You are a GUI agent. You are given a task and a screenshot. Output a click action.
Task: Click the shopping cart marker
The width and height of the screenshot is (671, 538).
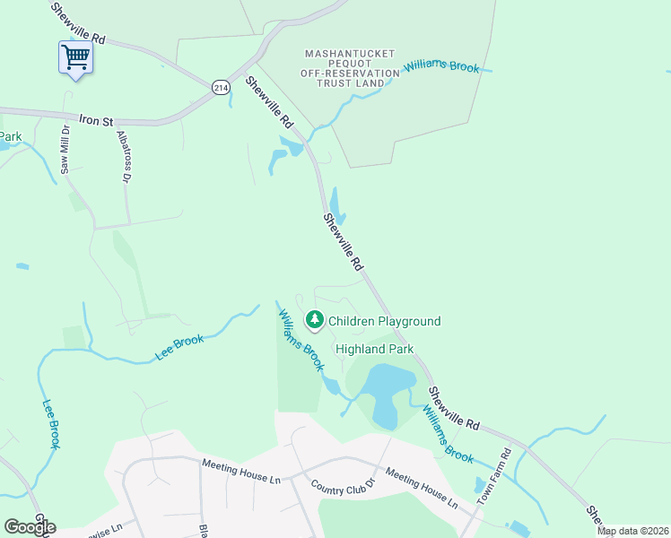(x=76, y=57)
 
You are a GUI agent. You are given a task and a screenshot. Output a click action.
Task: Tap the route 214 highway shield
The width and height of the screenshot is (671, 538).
(x=221, y=87)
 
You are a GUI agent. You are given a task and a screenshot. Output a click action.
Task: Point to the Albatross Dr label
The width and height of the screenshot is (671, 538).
(x=125, y=157)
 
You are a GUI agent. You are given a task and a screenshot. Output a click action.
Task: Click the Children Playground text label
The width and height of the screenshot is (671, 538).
(x=384, y=321)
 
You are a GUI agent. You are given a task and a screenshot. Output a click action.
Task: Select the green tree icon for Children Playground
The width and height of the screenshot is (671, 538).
(x=314, y=319)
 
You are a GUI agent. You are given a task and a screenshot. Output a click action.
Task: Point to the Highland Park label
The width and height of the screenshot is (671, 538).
(x=373, y=349)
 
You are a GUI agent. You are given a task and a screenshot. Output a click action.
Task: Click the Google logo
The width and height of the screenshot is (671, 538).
(x=30, y=526)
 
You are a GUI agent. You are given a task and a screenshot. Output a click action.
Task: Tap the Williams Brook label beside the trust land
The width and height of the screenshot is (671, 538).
(x=442, y=66)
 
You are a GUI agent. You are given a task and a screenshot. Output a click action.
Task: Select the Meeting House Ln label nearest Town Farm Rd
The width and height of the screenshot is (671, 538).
(x=421, y=489)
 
